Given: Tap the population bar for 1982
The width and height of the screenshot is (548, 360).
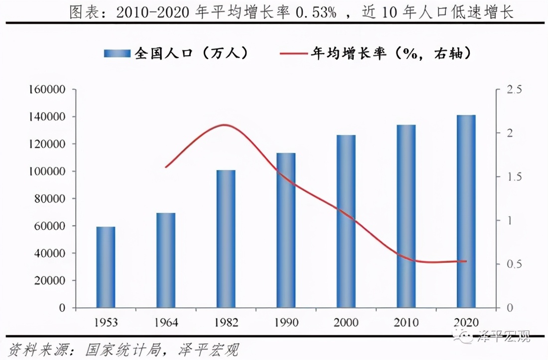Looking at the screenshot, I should click(x=226, y=239).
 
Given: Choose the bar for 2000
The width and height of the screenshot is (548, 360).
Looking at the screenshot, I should click(x=346, y=221).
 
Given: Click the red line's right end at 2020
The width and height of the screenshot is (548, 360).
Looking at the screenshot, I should click(x=466, y=261).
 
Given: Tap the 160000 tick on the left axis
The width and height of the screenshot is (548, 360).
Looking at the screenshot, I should click(x=49, y=90).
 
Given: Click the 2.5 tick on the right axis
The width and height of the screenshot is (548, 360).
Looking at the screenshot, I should click(x=514, y=90).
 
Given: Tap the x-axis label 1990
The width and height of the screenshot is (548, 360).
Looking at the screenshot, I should click(x=286, y=323).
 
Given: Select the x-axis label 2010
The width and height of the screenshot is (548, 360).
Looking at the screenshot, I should click(x=406, y=323).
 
